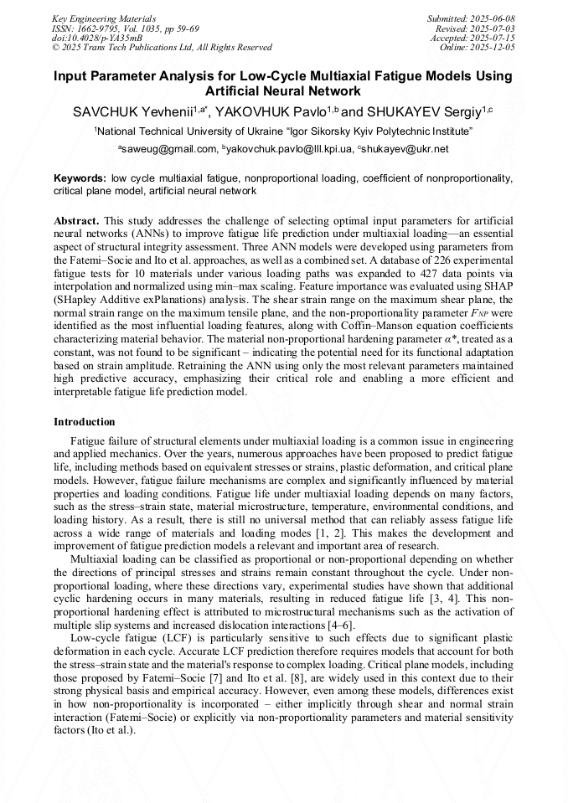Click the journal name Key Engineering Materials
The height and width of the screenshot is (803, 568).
104,18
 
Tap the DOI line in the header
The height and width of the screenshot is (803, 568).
96,38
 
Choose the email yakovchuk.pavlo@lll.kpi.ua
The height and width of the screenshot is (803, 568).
287,149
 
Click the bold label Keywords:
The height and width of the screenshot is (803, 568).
80,179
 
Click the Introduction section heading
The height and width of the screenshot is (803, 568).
85,422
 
